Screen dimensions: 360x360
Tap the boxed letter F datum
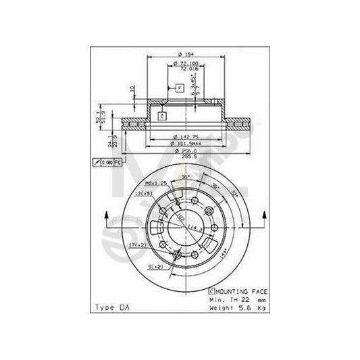[x=180, y=88]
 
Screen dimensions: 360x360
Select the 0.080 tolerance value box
[x=107, y=162]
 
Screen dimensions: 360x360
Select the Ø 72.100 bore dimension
[x=181, y=62]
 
